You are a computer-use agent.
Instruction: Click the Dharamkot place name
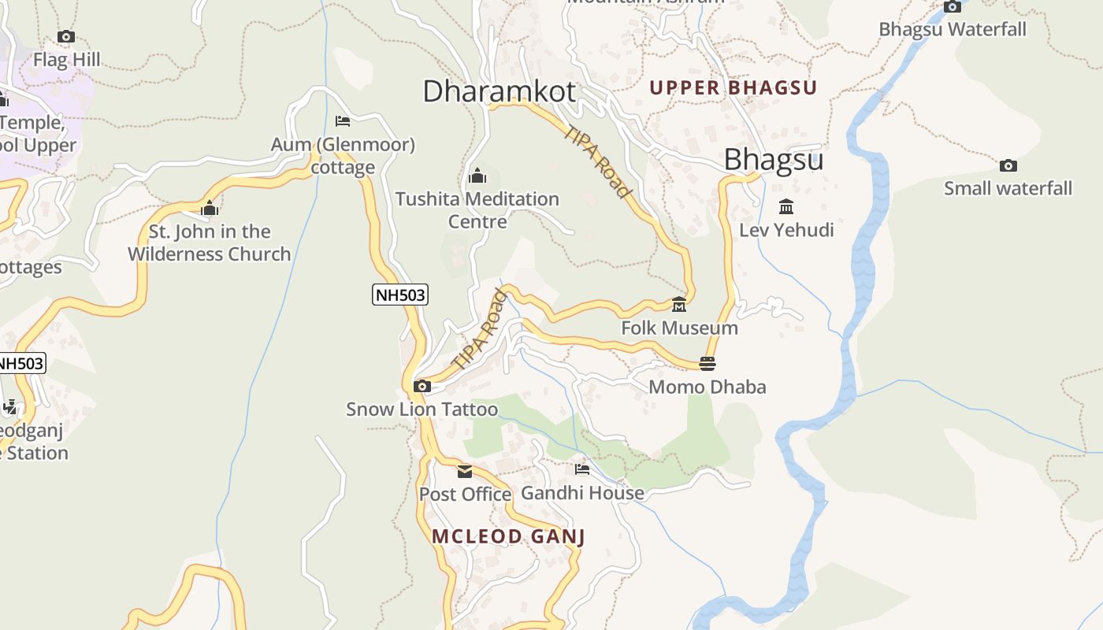coord(500,91)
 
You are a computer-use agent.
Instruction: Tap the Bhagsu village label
coord(773,160)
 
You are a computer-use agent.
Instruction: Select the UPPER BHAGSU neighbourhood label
coord(733,87)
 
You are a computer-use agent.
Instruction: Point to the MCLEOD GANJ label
coord(508,537)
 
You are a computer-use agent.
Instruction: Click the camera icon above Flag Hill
coord(66,36)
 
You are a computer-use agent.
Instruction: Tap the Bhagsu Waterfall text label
coord(953,30)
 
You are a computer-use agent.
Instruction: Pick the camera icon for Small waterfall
coord(1008,165)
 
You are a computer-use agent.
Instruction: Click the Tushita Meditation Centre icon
coord(477,176)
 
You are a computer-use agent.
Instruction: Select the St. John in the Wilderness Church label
coord(210,243)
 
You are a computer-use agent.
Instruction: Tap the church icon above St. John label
coord(210,209)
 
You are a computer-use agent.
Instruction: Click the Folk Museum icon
coord(679,304)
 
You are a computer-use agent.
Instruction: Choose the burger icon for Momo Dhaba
coord(707,363)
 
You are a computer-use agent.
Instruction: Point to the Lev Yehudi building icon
coord(785,207)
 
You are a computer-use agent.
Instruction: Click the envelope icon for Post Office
coord(465,471)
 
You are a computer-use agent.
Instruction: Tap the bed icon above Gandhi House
coord(582,469)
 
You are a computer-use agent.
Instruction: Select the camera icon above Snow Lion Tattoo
coord(422,386)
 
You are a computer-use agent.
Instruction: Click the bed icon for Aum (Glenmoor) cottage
coord(343,121)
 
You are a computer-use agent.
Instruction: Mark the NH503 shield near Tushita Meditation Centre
coord(399,295)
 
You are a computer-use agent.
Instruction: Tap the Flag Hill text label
coord(66,60)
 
